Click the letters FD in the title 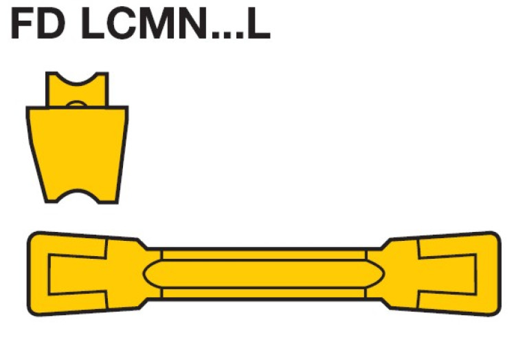(39, 25)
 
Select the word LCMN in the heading (151, 25)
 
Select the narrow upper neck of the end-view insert (77, 93)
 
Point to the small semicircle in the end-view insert (78, 105)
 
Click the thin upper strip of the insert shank (264, 254)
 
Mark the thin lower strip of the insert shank (264, 293)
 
